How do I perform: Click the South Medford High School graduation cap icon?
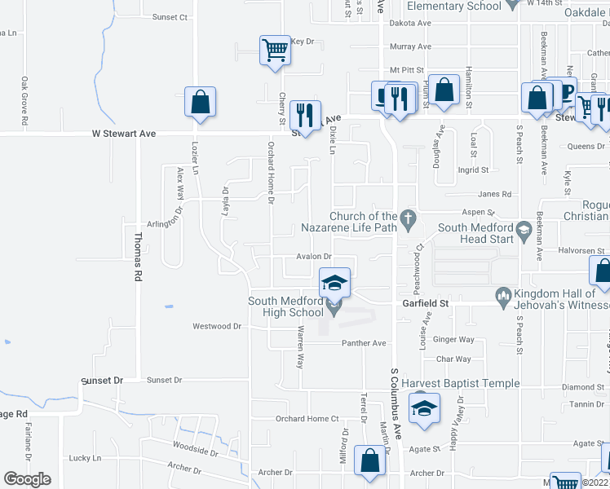(x=334, y=283)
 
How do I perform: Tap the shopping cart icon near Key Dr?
(x=275, y=50)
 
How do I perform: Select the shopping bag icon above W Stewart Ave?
(x=200, y=102)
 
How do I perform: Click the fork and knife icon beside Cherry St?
(x=305, y=115)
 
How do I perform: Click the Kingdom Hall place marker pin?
(x=504, y=294)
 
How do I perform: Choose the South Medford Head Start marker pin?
(x=524, y=233)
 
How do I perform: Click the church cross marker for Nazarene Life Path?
(x=412, y=218)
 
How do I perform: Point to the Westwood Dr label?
(x=217, y=326)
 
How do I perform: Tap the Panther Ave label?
(x=368, y=343)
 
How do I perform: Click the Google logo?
(x=28, y=479)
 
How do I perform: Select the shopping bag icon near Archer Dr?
(x=370, y=460)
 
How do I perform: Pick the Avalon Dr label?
(x=312, y=256)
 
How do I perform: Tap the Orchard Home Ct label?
(x=307, y=419)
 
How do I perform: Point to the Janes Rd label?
(x=494, y=194)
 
